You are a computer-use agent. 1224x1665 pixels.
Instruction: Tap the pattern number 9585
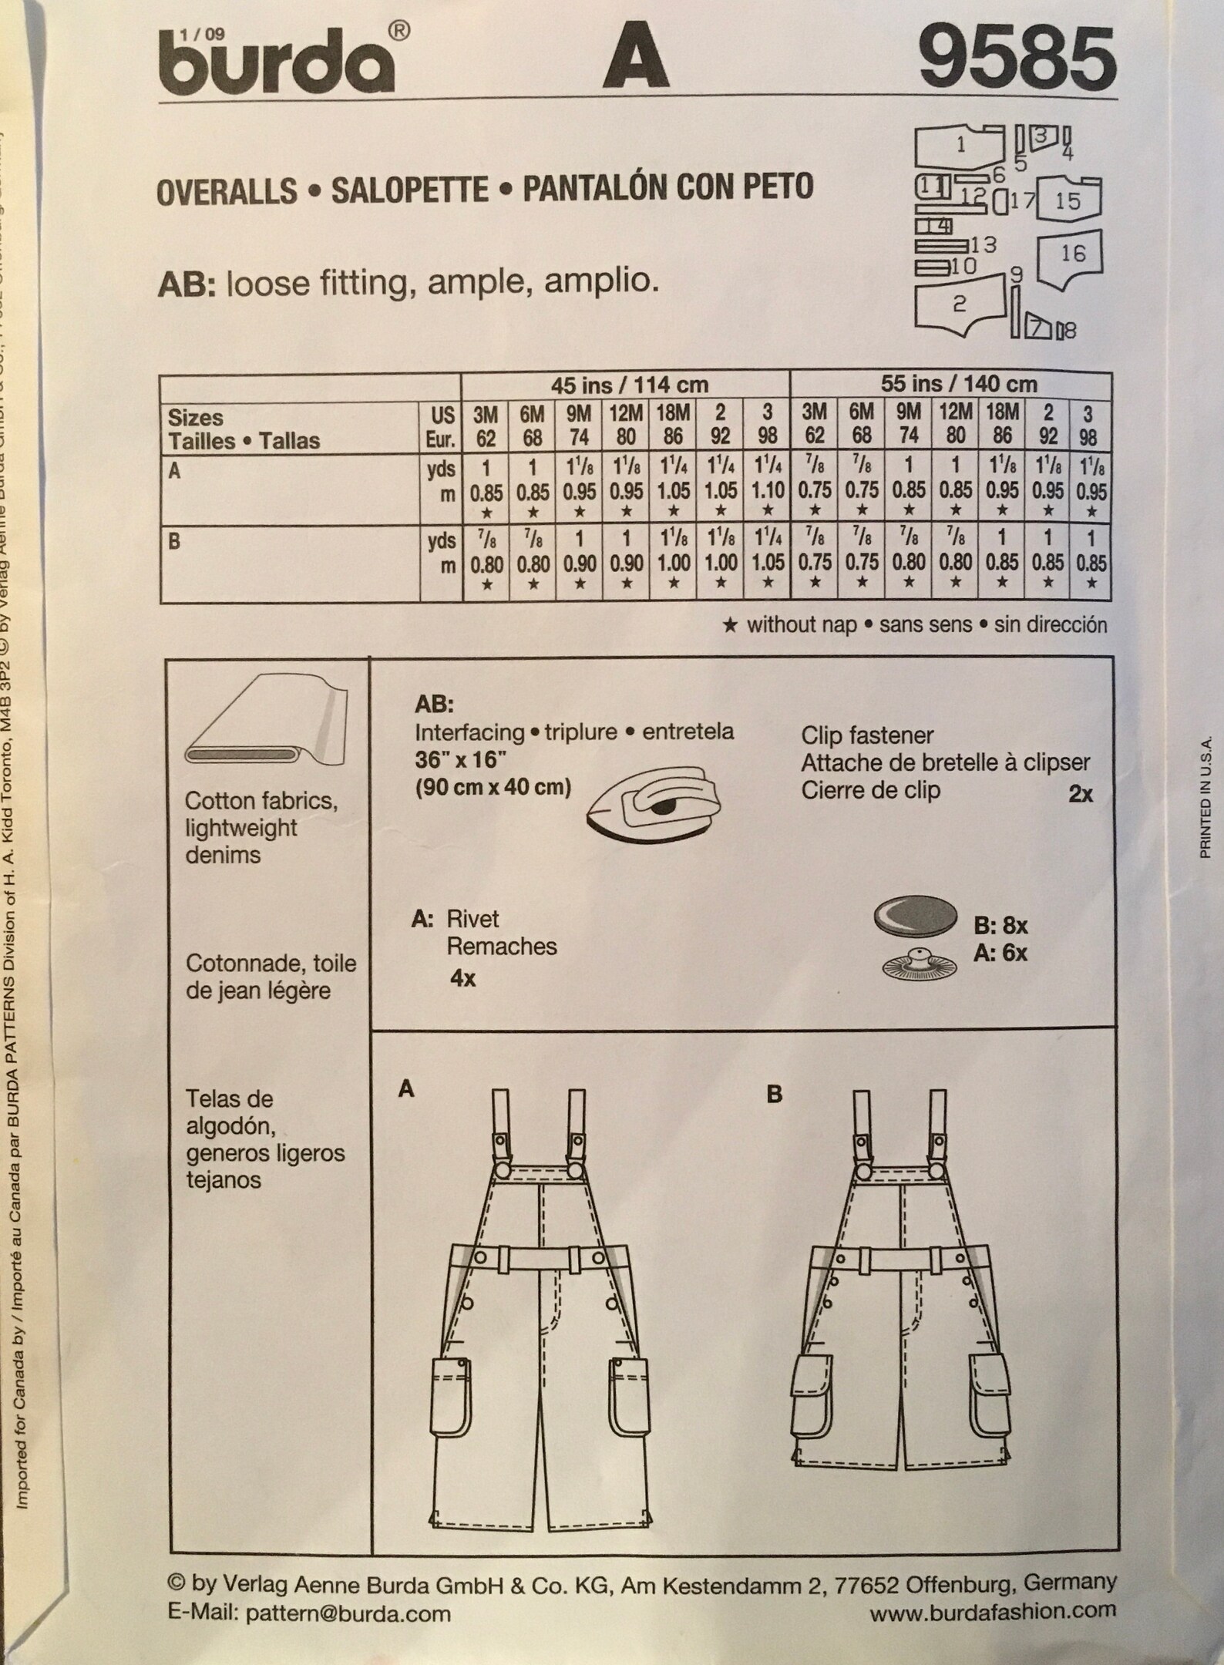[x=1017, y=59]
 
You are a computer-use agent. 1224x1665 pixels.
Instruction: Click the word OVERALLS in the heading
[x=227, y=190]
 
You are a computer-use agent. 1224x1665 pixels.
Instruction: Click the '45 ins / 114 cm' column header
[x=629, y=385]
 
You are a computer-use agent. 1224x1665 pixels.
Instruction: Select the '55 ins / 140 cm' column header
[x=958, y=384]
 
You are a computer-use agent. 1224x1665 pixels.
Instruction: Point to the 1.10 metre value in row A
[x=767, y=491]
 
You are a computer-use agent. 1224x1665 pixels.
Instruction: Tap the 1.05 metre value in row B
[x=768, y=563]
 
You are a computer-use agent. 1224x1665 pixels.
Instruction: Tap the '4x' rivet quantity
[x=462, y=979]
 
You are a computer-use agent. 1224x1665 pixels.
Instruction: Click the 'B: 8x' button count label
[x=1000, y=925]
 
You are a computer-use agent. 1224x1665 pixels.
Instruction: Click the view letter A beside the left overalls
[x=406, y=1089]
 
